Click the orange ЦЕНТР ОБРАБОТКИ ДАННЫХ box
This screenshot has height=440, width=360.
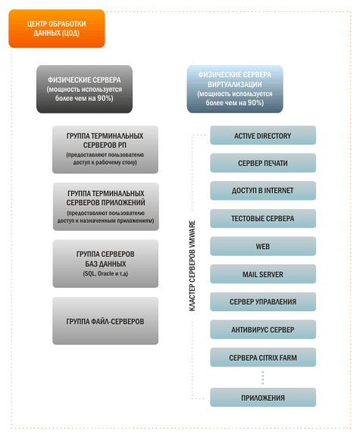(x=57, y=29)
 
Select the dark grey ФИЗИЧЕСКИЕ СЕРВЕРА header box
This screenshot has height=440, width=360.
(x=84, y=89)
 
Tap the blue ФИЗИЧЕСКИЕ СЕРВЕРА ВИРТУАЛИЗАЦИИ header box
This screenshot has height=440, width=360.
(x=235, y=89)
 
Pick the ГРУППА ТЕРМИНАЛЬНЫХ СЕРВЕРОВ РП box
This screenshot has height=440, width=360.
(x=105, y=149)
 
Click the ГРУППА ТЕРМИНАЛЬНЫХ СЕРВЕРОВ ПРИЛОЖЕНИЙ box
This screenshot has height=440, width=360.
(x=106, y=207)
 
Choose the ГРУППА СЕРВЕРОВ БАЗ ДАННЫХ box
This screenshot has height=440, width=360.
(x=105, y=264)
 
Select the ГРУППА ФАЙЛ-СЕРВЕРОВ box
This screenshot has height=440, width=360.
(x=105, y=321)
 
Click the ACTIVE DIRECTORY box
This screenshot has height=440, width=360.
(x=263, y=136)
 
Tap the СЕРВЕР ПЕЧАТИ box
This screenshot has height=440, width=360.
(x=263, y=163)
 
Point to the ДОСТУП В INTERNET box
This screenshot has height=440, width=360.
(x=263, y=191)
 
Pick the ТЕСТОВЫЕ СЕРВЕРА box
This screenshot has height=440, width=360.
(x=263, y=219)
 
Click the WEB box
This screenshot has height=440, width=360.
(x=263, y=246)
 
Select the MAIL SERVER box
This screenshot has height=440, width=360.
(x=263, y=274)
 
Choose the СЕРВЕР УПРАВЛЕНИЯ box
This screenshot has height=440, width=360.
(x=263, y=302)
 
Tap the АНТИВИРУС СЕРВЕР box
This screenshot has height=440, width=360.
(x=263, y=329)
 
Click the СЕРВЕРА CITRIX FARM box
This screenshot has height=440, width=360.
(x=263, y=357)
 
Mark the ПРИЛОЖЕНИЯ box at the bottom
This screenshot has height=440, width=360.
(x=263, y=398)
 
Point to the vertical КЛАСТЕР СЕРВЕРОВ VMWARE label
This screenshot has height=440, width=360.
(x=193, y=266)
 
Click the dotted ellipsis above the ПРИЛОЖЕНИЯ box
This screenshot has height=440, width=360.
(x=263, y=378)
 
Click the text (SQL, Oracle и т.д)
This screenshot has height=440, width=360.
(x=105, y=273)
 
